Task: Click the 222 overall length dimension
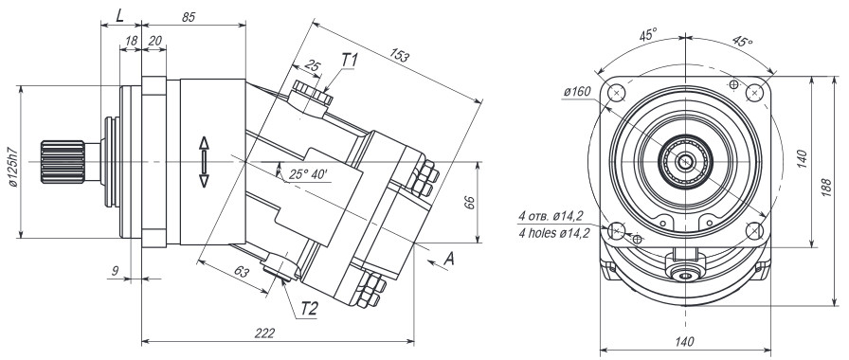tap(264, 333)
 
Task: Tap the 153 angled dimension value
tap(401, 55)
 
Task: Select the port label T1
tap(350, 61)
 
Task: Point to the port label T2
tap(309, 309)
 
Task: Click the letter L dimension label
tap(120, 15)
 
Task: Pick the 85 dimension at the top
tap(188, 17)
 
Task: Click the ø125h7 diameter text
tap(13, 167)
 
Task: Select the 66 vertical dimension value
tap(469, 203)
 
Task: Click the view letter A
tap(449, 260)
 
